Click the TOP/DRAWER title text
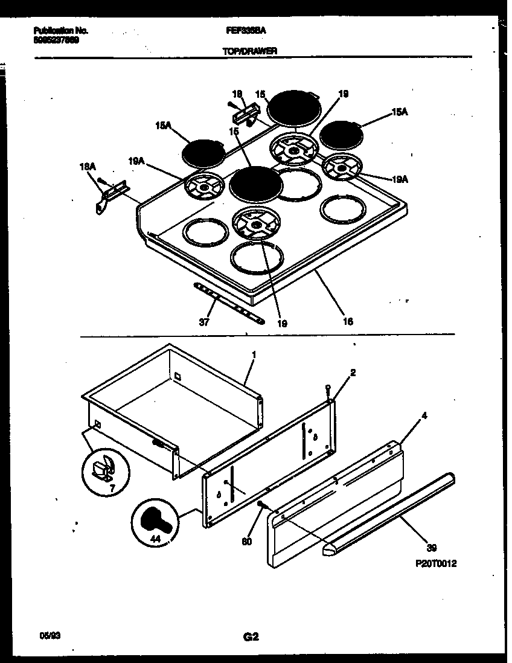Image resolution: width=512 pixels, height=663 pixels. pos(250,52)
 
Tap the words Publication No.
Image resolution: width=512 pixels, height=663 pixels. pos(57,30)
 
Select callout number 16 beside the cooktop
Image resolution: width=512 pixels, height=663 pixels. pos(348,321)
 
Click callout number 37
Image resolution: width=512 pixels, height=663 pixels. pos(204,322)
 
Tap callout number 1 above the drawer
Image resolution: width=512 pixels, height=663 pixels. pos(254,355)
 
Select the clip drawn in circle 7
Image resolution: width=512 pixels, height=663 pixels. pos(103,467)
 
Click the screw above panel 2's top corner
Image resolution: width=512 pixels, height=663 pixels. pos(327,389)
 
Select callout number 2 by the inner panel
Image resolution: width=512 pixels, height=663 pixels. pos(353,373)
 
